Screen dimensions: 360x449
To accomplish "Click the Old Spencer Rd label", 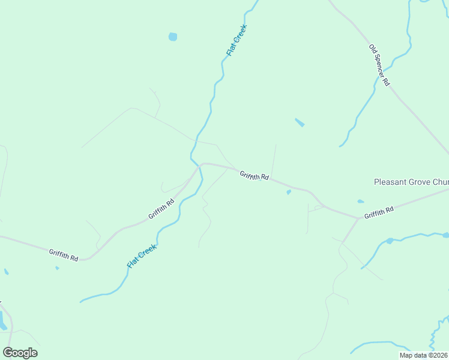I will [x=379, y=65].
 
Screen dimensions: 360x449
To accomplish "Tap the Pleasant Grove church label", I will [x=411, y=182].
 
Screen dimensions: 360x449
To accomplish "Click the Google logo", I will [x=20, y=352].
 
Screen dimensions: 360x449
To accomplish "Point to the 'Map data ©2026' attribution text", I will [x=424, y=355].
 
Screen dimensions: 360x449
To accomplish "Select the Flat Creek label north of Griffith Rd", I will [x=237, y=40].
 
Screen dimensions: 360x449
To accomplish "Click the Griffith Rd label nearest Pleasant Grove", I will [x=379, y=211].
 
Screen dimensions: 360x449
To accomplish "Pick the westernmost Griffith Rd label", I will [x=64, y=255].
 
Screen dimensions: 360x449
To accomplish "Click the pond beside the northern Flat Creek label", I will [x=173, y=37].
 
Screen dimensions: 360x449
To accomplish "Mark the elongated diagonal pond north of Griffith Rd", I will [x=300, y=123].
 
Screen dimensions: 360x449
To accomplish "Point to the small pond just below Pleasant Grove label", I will [x=360, y=202].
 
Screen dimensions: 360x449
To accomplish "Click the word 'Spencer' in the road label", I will [x=379, y=63].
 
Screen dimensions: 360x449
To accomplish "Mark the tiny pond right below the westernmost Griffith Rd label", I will [x=58, y=268].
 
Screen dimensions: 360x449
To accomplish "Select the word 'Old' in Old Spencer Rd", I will [x=373, y=49].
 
